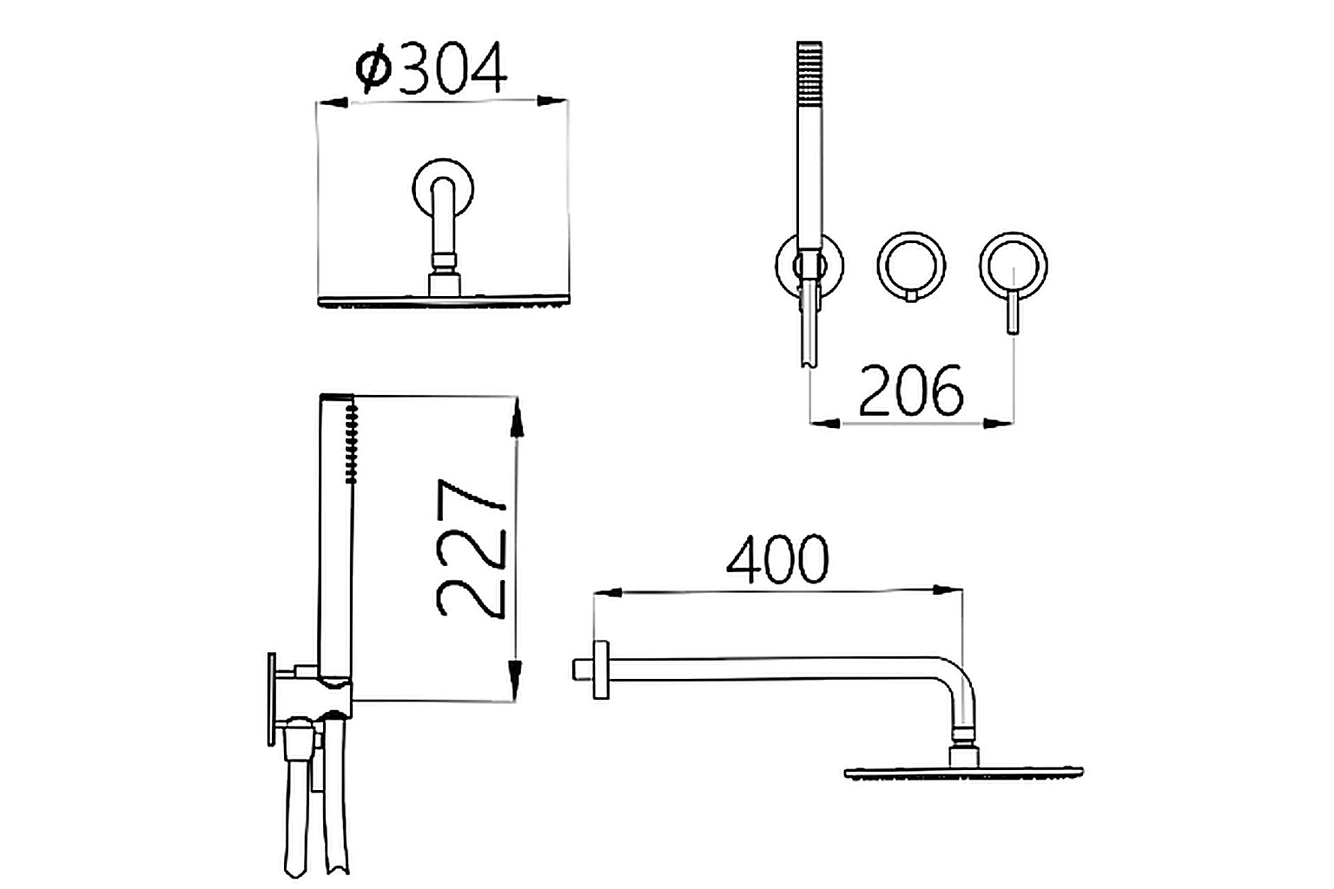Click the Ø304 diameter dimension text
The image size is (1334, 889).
(432, 69)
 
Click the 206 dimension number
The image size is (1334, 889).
(911, 391)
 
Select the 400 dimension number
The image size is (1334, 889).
(777, 560)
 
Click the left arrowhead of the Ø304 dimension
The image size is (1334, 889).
(333, 102)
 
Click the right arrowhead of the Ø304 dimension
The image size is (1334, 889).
(552, 102)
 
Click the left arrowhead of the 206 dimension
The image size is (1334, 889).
(825, 424)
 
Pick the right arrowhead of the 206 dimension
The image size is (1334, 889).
(998, 424)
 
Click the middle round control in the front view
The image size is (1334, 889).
(911, 265)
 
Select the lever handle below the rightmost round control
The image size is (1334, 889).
(1012, 314)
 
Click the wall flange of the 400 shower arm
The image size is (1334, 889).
(598, 669)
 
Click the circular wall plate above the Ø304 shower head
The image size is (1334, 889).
(444, 187)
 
